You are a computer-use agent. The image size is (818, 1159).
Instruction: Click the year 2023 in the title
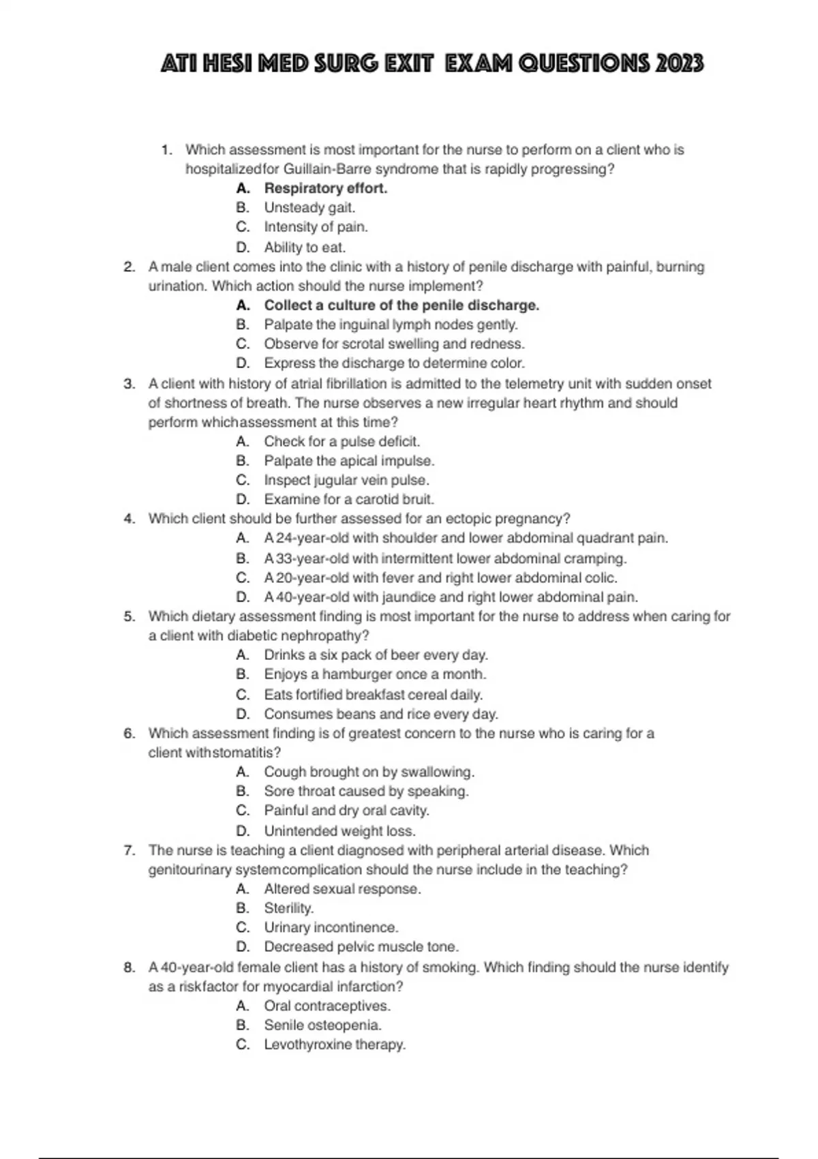click(679, 64)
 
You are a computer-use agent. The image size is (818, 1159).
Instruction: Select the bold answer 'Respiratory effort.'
click(325, 188)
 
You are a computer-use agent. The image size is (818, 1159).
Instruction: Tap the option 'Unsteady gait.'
click(309, 207)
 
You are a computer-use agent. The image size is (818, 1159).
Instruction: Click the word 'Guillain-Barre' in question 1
click(327, 169)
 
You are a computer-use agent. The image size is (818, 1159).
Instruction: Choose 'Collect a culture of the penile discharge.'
click(402, 305)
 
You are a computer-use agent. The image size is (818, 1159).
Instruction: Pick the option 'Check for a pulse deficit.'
click(342, 441)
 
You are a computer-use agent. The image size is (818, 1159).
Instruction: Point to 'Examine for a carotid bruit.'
click(349, 499)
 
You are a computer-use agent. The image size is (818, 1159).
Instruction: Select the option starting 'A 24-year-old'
click(466, 538)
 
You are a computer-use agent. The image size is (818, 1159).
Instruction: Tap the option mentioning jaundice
click(451, 597)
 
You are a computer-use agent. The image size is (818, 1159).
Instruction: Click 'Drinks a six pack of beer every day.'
click(376, 655)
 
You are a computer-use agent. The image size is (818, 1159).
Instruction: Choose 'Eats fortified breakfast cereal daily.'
click(373, 695)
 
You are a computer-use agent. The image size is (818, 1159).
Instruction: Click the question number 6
click(130, 734)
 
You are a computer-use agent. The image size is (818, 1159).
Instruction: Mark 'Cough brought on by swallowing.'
click(369, 772)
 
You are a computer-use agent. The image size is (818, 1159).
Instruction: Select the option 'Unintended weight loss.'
click(339, 831)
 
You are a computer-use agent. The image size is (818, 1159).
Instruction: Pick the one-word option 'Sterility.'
click(289, 908)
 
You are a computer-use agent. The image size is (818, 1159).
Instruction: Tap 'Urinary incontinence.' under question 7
click(331, 927)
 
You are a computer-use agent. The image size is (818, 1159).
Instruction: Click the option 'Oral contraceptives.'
click(327, 1006)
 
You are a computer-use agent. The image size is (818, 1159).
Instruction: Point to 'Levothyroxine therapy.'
click(335, 1044)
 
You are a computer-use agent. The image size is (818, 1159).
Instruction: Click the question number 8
click(130, 967)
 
